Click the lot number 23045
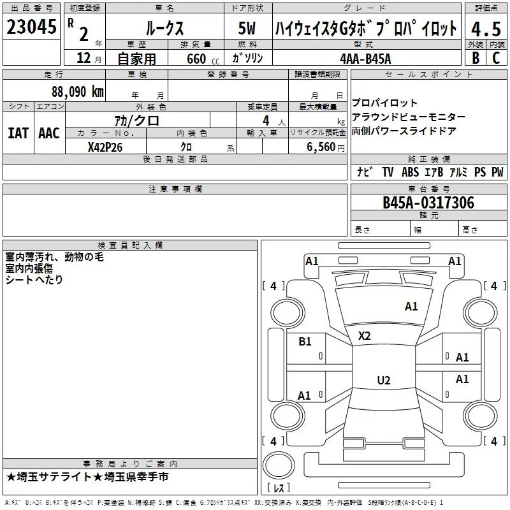pos(30,27)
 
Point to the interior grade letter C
pos(496,57)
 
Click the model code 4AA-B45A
pos(365,57)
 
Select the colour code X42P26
pos(105,147)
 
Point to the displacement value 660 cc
pos(196,59)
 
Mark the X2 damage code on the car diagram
pos(364,336)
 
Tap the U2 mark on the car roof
pos(383,381)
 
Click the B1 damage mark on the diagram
pos(305,342)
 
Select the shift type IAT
pos(18,133)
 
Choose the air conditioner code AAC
pos(49,133)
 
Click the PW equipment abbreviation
pos(497,172)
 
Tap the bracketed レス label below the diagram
pos(279,488)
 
